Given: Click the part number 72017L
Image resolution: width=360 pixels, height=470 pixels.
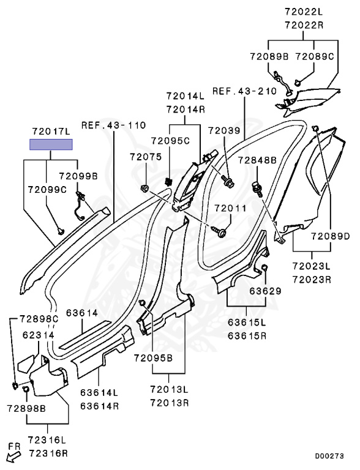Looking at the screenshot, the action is (51, 132).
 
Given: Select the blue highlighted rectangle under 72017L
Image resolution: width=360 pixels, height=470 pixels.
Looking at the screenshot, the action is (51, 144).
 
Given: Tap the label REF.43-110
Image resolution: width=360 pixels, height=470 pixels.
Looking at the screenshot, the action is (114, 125).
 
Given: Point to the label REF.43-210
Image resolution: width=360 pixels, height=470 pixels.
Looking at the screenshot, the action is (244, 91).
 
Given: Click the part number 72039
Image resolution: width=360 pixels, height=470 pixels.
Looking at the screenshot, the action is (225, 131).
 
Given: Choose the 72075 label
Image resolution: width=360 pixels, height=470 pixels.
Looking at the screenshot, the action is (146, 157).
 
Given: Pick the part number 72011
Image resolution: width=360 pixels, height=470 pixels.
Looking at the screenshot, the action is (230, 208).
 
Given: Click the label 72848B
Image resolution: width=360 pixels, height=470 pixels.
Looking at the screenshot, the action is (257, 160).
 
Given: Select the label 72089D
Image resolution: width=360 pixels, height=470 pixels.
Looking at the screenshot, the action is (331, 236).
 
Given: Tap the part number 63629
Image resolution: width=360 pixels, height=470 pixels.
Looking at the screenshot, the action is (266, 291).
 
